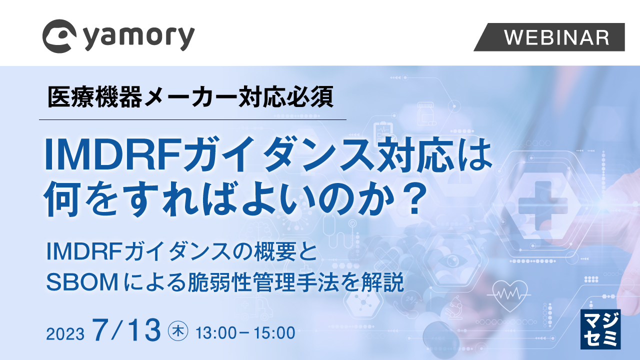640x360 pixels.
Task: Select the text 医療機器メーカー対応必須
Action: (x=190, y=97)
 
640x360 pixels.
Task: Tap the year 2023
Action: (x=65, y=333)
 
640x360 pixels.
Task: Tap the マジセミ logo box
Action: (x=600, y=329)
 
